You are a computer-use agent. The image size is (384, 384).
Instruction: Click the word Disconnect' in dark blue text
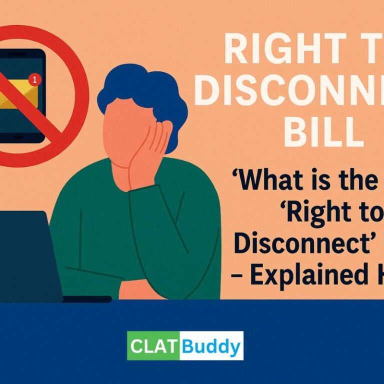pyautogui.click(x=290, y=244)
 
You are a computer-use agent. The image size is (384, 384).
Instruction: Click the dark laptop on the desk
pyautogui.click(x=27, y=255)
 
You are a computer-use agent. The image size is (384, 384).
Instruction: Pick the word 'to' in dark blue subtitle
pyautogui.click(x=372, y=213)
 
